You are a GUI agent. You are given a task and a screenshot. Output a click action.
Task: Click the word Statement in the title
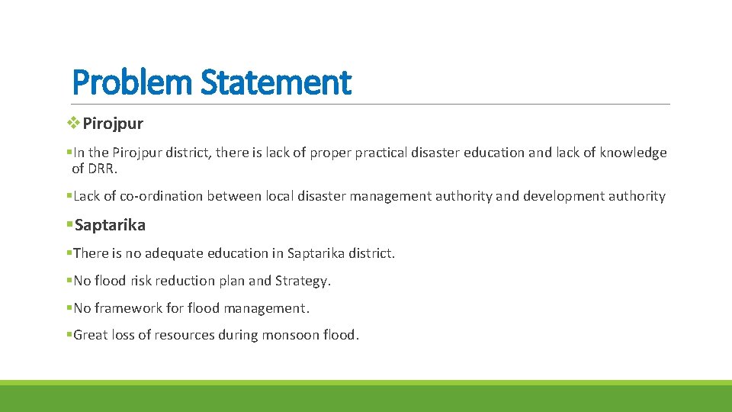[x=275, y=82]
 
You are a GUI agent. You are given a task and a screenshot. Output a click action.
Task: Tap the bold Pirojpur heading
[x=113, y=124]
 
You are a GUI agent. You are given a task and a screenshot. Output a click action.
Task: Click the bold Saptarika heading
[x=110, y=225]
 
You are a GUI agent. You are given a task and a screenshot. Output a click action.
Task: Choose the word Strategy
[x=303, y=281]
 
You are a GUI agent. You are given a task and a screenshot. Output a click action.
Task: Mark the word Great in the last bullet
[x=91, y=335]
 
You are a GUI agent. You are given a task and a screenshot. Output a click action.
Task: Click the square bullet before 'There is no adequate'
[x=69, y=253]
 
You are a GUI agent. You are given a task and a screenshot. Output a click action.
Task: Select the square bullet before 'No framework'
[x=69, y=307]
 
